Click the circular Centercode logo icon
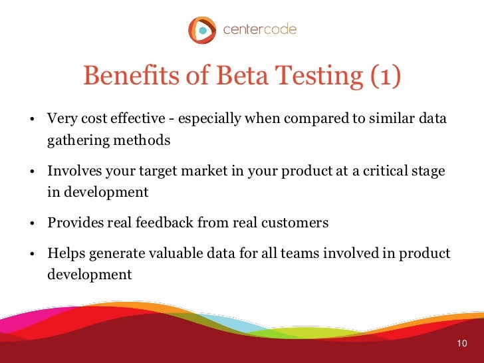point(201,30)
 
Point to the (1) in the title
point(384,77)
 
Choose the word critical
point(386,170)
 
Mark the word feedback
point(164,223)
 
